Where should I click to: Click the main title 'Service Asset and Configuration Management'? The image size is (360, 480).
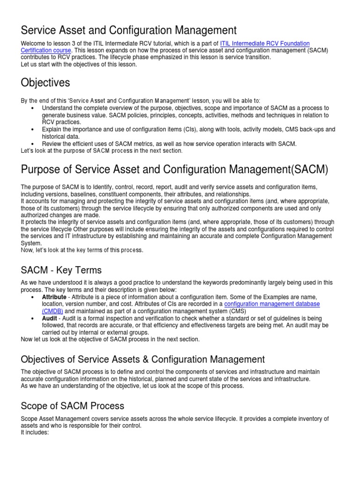coord(129,30)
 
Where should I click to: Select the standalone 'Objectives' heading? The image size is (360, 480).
coord(45,82)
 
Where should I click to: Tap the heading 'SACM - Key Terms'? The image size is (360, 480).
coord(61,270)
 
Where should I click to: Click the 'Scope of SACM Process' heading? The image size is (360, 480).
coord(73,405)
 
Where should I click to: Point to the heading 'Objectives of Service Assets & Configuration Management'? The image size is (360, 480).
coord(143,360)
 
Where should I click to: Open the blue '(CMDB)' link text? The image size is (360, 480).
coord(52,311)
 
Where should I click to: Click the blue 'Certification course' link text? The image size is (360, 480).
coord(46,50)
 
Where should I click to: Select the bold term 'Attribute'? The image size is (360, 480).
coord(54,297)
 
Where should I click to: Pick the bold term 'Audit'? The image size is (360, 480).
coord(50,318)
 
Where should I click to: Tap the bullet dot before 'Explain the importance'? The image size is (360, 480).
coord(32,129)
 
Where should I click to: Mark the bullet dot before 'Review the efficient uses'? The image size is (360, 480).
coord(32,144)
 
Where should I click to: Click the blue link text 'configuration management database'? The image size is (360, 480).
coord(272,304)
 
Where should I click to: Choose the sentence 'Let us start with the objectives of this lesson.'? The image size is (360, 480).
coord(79,64)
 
